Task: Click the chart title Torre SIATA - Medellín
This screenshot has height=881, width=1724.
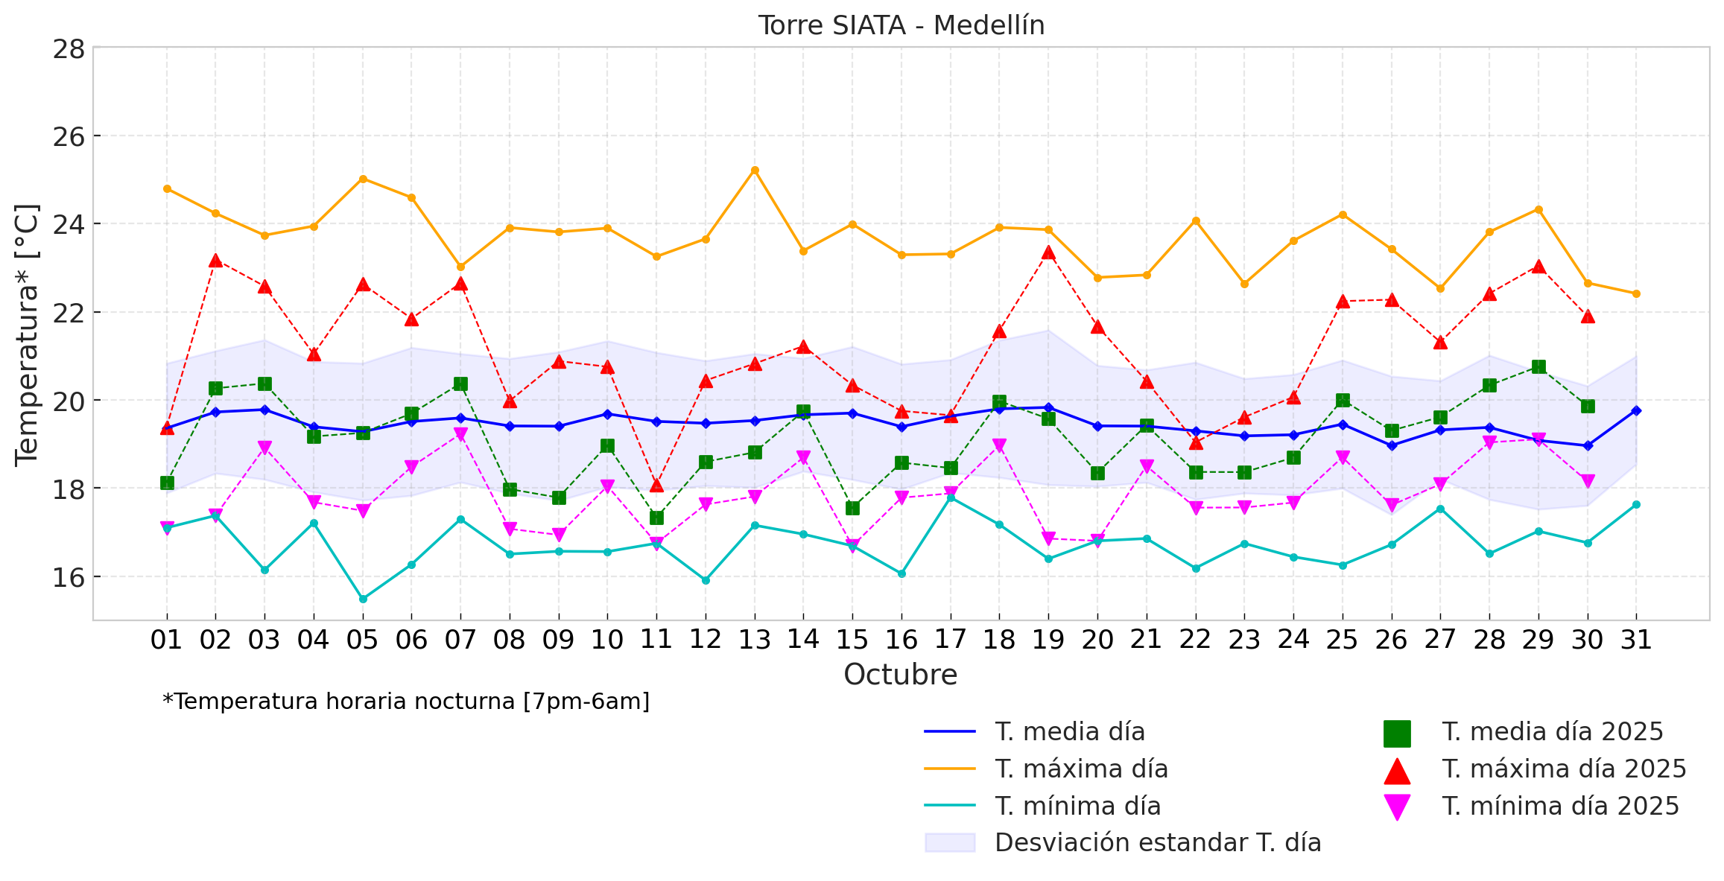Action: [x=901, y=26]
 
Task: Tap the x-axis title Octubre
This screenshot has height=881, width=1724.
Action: [x=900, y=675]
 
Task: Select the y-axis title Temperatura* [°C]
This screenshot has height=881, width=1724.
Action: [x=27, y=335]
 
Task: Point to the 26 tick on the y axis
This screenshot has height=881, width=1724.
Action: [x=69, y=137]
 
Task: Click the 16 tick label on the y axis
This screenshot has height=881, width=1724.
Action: [x=69, y=577]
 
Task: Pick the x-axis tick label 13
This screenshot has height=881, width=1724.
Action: [x=754, y=640]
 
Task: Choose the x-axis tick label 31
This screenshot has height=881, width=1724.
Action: [x=1636, y=640]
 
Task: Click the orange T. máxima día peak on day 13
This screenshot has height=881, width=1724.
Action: [x=755, y=171]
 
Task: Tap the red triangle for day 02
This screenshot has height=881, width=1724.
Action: [x=215, y=261]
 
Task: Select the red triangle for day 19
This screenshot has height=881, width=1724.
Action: [x=1048, y=253]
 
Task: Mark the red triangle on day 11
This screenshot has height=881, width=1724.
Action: [x=656, y=486]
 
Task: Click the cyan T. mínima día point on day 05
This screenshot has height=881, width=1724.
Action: [x=363, y=599]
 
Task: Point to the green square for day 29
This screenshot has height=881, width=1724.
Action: [x=1538, y=366]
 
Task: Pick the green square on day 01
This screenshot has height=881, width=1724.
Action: [x=167, y=483]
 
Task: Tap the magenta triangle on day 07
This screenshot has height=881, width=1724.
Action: [x=460, y=435]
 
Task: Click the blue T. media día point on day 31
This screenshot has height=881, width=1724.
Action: [x=1636, y=410]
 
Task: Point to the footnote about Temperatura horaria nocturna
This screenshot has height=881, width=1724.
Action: [x=406, y=702]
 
